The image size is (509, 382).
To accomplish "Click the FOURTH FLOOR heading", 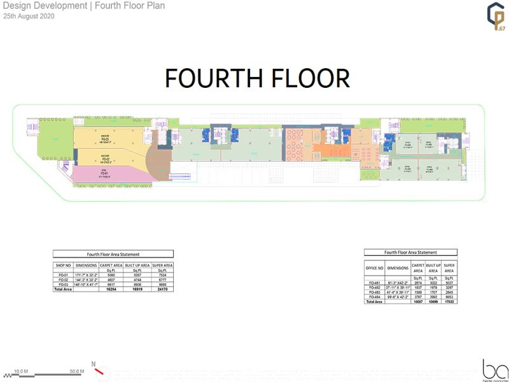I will (x=257, y=78).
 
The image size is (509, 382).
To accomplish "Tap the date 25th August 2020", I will (x=29, y=17).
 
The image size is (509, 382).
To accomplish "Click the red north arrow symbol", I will (x=99, y=370).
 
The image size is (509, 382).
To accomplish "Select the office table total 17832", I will (x=450, y=302).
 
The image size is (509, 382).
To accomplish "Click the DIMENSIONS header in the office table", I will (x=396, y=269).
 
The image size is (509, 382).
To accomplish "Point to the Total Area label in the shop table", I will (x=63, y=289).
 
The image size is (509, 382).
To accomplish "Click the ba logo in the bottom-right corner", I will (x=494, y=369).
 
